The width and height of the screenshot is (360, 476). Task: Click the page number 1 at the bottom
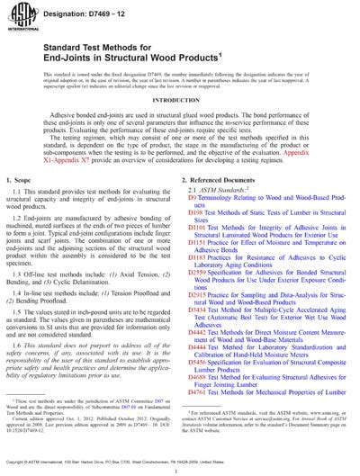click(180, 469)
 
